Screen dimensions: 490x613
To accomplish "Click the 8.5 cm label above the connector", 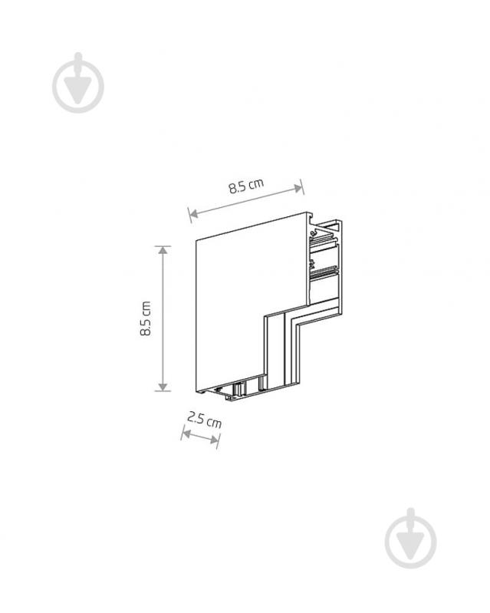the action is pyautogui.click(x=246, y=186).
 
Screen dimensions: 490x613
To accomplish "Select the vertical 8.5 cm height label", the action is pyautogui.click(x=146, y=318).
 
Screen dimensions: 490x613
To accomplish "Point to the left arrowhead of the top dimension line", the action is pyautogui.click(x=193, y=213).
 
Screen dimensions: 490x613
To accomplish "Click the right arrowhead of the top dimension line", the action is pyautogui.click(x=298, y=189).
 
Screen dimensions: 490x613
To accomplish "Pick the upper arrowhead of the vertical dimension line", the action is pyautogui.click(x=163, y=250).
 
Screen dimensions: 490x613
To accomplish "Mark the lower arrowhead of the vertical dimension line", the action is pyautogui.click(x=163, y=386).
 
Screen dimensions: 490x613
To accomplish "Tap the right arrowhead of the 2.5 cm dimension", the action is pyautogui.click(x=214, y=440).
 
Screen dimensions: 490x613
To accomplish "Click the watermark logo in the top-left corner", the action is pyautogui.click(x=78, y=83).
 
